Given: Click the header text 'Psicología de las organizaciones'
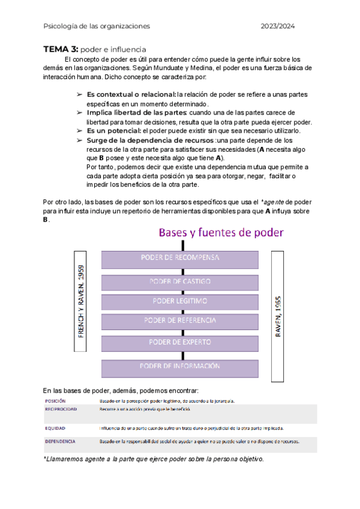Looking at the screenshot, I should (x=97, y=26).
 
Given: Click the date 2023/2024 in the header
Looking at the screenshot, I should (x=278, y=26).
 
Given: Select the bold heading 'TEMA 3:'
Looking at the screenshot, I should (x=61, y=49).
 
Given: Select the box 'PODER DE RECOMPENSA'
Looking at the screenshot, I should (x=180, y=258).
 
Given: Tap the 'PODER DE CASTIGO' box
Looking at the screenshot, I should (x=180, y=282).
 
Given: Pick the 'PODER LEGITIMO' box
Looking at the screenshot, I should (x=180, y=300).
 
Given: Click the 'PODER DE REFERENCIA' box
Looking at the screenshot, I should (x=180, y=321).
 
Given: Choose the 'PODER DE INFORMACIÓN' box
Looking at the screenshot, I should (x=180, y=366).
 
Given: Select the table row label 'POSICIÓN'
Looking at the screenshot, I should (x=55, y=400).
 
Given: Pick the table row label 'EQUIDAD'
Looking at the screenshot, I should (x=55, y=429).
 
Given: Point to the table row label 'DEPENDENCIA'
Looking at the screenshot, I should (x=60, y=441).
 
